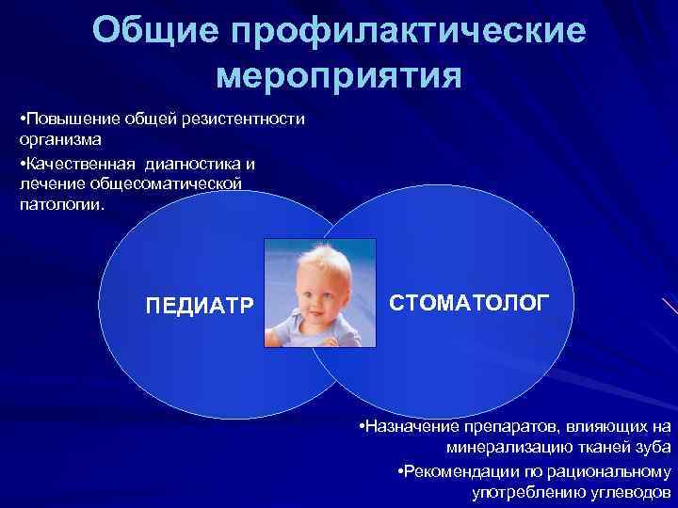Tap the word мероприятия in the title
click(339, 75)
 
